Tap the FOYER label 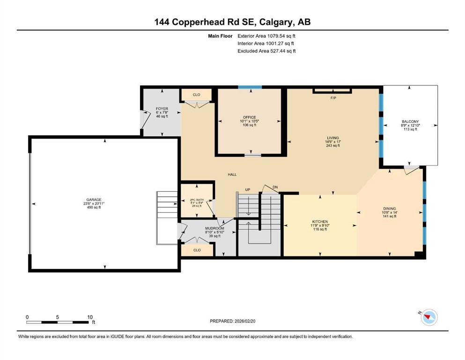[x=162, y=109]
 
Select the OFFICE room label [x=249, y=117]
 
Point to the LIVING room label [x=332, y=138]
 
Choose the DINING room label [x=389, y=208]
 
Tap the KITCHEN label [x=320, y=221]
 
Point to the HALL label [x=232, y=174]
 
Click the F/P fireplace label [x=333, y=98]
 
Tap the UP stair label [x=248, y=189]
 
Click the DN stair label [x=275, y=187]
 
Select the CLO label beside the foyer [x=197, y=95]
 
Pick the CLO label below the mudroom [x=197, y=250]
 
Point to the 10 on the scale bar [x=90, y=317]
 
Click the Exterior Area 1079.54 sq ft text [x=266, y=36]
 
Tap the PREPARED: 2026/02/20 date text [x=233, y=321]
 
